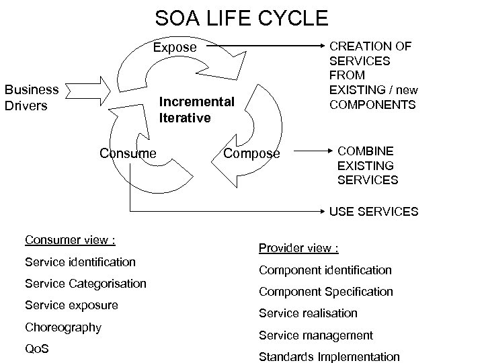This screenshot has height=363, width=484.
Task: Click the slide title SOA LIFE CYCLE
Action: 241,17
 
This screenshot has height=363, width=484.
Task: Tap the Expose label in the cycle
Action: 175,48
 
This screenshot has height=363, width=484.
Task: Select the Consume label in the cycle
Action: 128,153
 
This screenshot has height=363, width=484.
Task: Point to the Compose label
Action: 251,153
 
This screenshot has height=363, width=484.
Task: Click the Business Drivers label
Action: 32,97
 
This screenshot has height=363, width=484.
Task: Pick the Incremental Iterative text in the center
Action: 196,110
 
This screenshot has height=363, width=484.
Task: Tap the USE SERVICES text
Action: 373,212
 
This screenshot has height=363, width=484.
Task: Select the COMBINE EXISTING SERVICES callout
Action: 368,165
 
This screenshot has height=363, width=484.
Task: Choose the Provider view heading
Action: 298,248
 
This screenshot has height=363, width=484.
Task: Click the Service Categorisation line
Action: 85,283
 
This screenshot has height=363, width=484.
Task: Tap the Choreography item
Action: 63,327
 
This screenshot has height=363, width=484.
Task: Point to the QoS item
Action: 36,350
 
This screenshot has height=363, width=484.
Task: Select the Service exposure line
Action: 71,305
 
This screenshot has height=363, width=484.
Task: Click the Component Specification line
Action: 326,292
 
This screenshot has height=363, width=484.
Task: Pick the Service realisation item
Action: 308,313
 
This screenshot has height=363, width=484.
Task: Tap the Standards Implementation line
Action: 329,357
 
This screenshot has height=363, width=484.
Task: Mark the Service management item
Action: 317,335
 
